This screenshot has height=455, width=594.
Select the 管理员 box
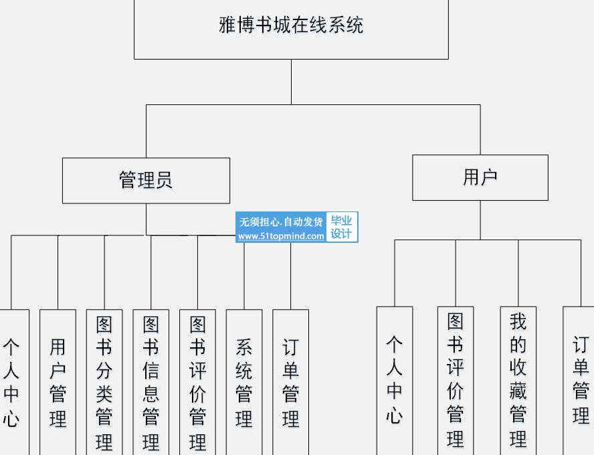(x=146, y=180)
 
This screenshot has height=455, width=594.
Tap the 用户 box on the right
(x=480, y=177)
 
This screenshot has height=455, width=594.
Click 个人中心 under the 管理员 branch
(x=12, y=382)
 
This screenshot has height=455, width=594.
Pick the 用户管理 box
(x=58, y=382)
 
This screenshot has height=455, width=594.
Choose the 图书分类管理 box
(x=104, y=382)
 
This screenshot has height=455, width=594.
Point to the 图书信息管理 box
(x=151, y=382)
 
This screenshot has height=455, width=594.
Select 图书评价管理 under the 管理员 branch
(x=197, y=382)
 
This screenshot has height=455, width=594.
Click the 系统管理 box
(x=244, y=382)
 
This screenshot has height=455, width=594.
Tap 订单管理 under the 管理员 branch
(x=290, y=382)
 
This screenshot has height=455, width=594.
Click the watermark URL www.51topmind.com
(x=281, y=236)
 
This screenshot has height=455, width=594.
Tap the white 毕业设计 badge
(x=342, y=227)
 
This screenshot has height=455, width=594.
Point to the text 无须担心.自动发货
(x=281, y=221)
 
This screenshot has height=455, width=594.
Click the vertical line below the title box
(x=291, y=82)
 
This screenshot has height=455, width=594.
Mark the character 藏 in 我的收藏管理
(x=518, y=391)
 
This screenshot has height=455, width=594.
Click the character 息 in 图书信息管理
(x=151, y=393)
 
